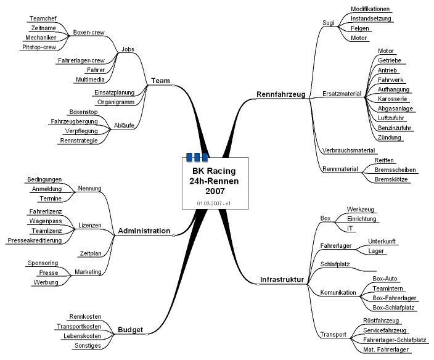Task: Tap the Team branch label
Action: pyautogui.click(x=160, y=80)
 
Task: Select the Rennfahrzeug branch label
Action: pyautogui.click(x=280, y=94)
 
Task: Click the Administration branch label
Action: pyautogui.click(x=144, y=231)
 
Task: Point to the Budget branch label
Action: pyautogui.click(x=130, y=330)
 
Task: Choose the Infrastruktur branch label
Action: pyautogui.click(x=282, y=280)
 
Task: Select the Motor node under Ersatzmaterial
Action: pyautogui.click(x=385, y=51)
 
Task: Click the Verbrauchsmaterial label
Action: pyautogui.click(x=348, y=150)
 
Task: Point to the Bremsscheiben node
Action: pyautogui.click(x=395, y=170)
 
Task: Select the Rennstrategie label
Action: pyautogui.click(x=79, y=141)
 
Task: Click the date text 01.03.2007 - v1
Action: pyautogui.click(x=213, y=203)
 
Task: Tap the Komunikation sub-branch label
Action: pyautogui.click(x=338, y=292)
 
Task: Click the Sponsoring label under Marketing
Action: pyautogui.click(x=43, y=263)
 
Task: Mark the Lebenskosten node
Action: pyautogui.click(x=82, y=336)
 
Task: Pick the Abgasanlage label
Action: pyautogui.click(x=395, y=108)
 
